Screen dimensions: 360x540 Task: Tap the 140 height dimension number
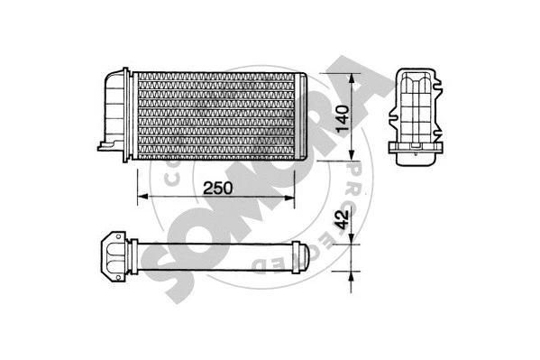(x=341, y=115)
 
